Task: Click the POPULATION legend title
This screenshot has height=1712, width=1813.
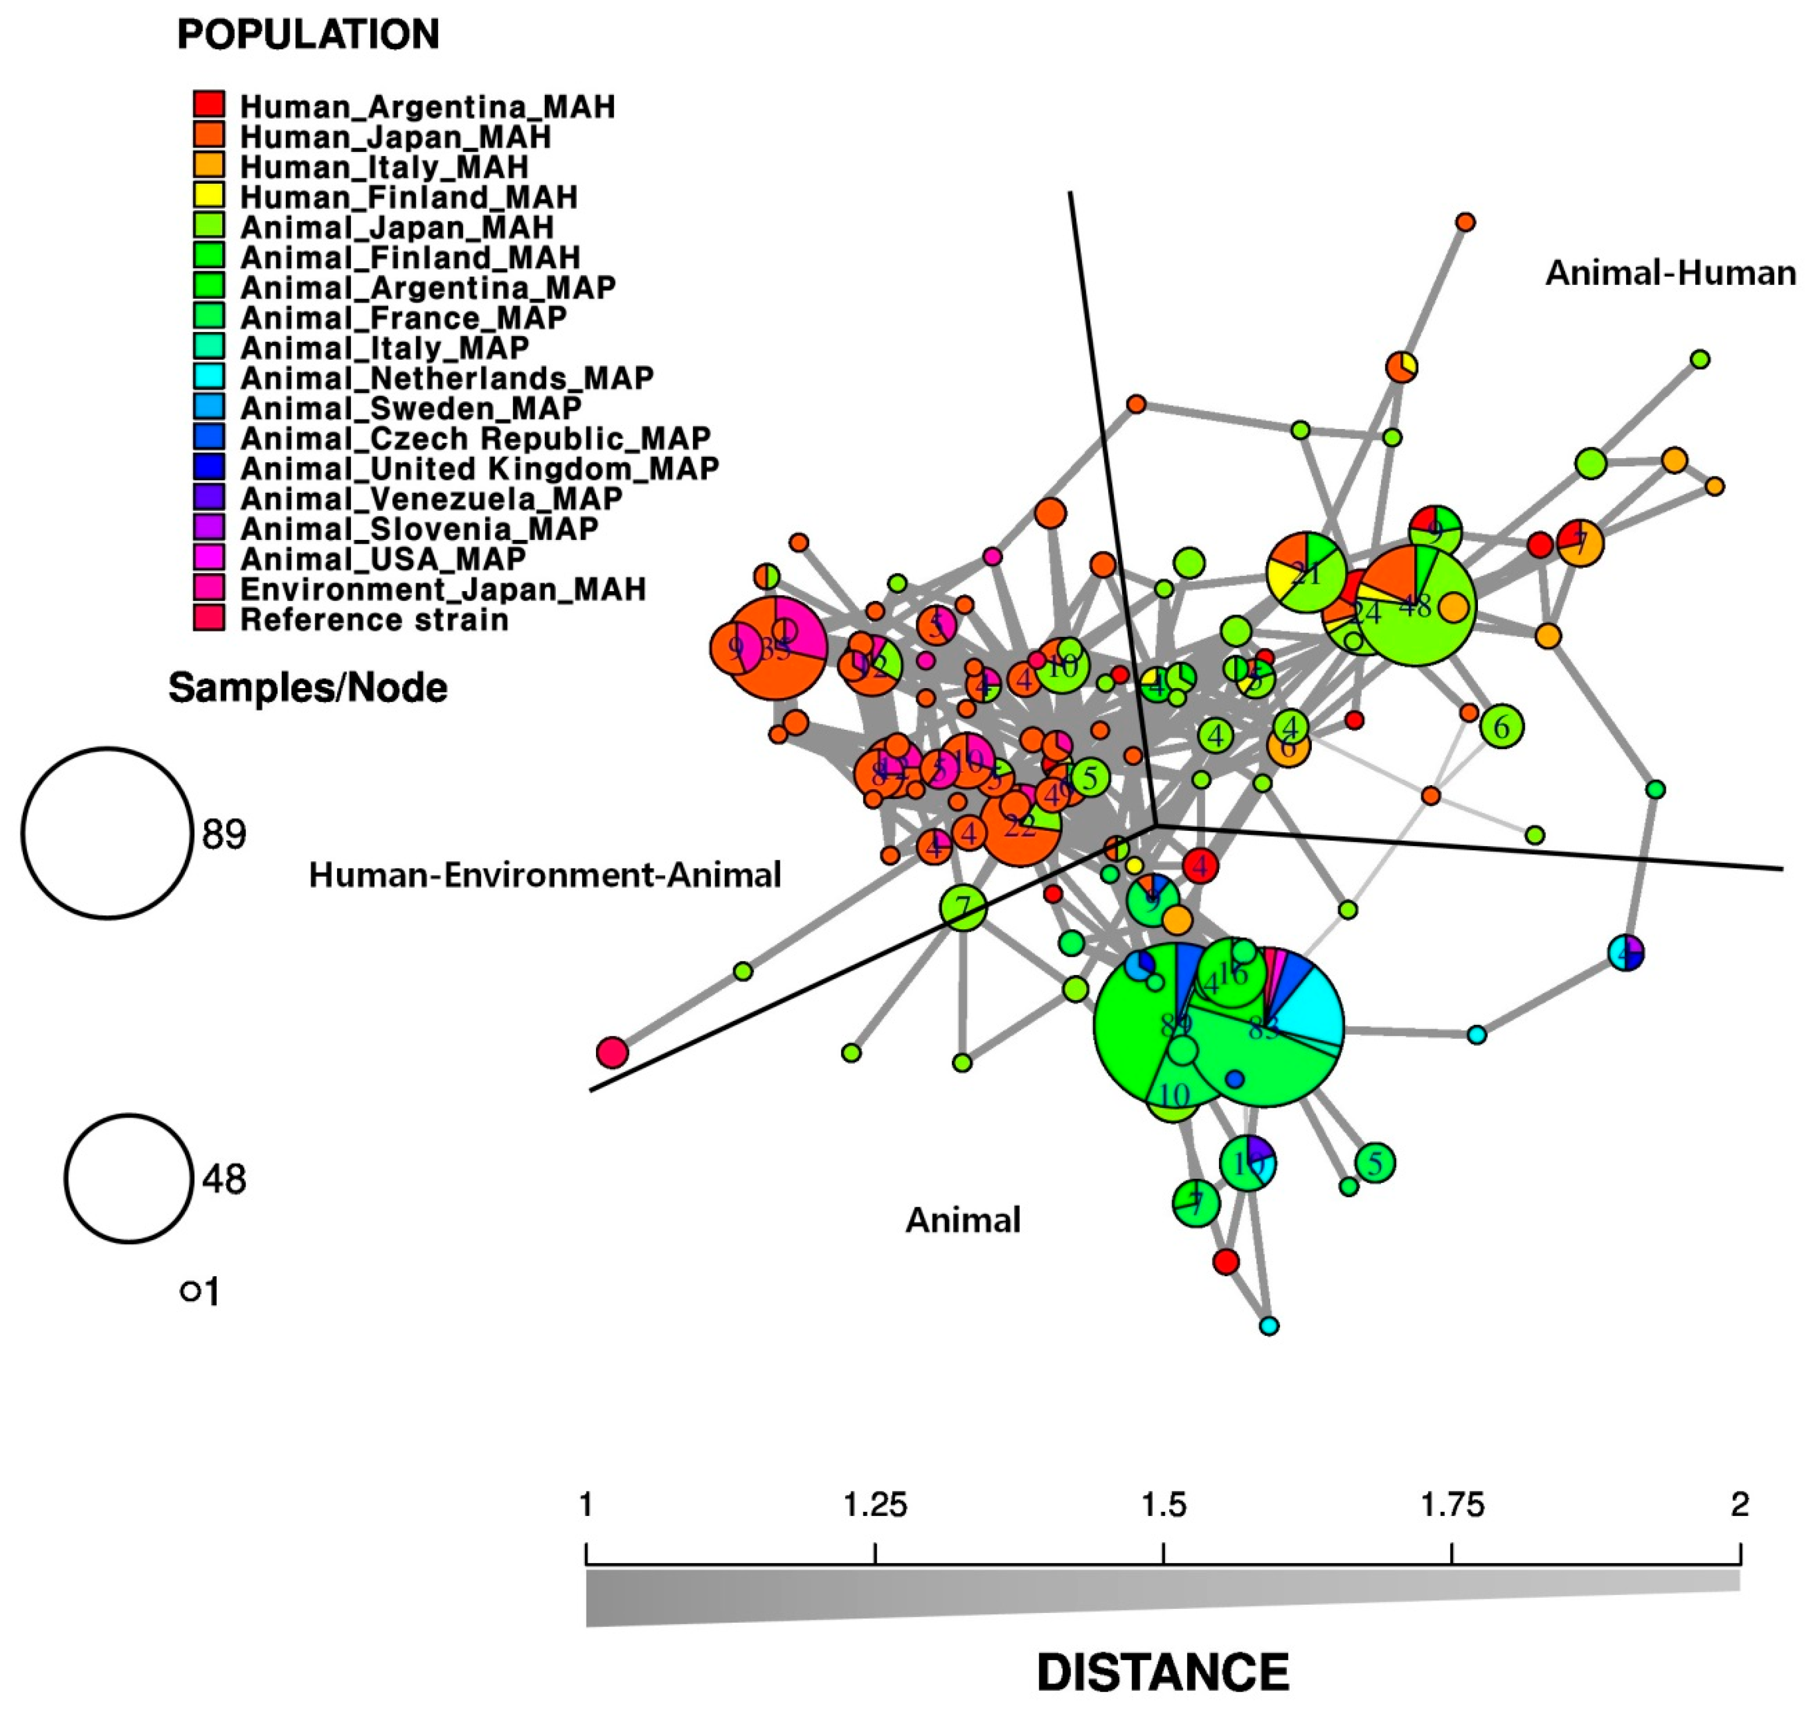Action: [x=308, y=35]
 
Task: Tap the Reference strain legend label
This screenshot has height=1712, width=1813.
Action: [x=374, y=620]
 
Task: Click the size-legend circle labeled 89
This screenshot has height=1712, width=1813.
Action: [x=108, y=833]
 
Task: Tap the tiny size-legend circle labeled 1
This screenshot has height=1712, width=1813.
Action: [x=190, y=1291]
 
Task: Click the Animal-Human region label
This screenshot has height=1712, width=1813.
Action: [x=1670, y=273]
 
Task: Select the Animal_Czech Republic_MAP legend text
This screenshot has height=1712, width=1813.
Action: [x=475, y=438]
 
